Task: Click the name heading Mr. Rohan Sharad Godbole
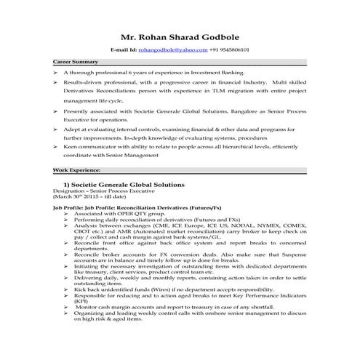(180, 37)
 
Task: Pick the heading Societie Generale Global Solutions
(129, 185)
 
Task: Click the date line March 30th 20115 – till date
(85, 198)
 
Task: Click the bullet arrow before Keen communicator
(56, 146)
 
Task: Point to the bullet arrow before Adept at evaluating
(56, 127)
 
